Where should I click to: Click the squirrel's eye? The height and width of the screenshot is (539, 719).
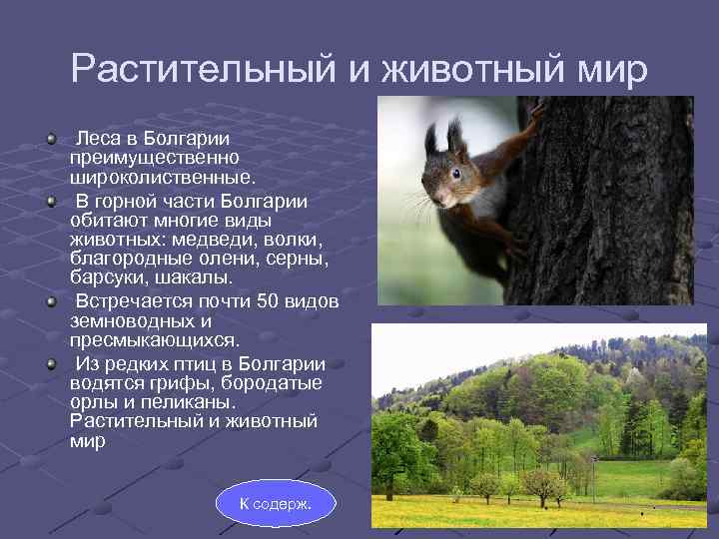pyautogui.click(x=455, y=173)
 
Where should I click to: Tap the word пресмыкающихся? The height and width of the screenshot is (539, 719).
pyautogui.click(x=155, y=340)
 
